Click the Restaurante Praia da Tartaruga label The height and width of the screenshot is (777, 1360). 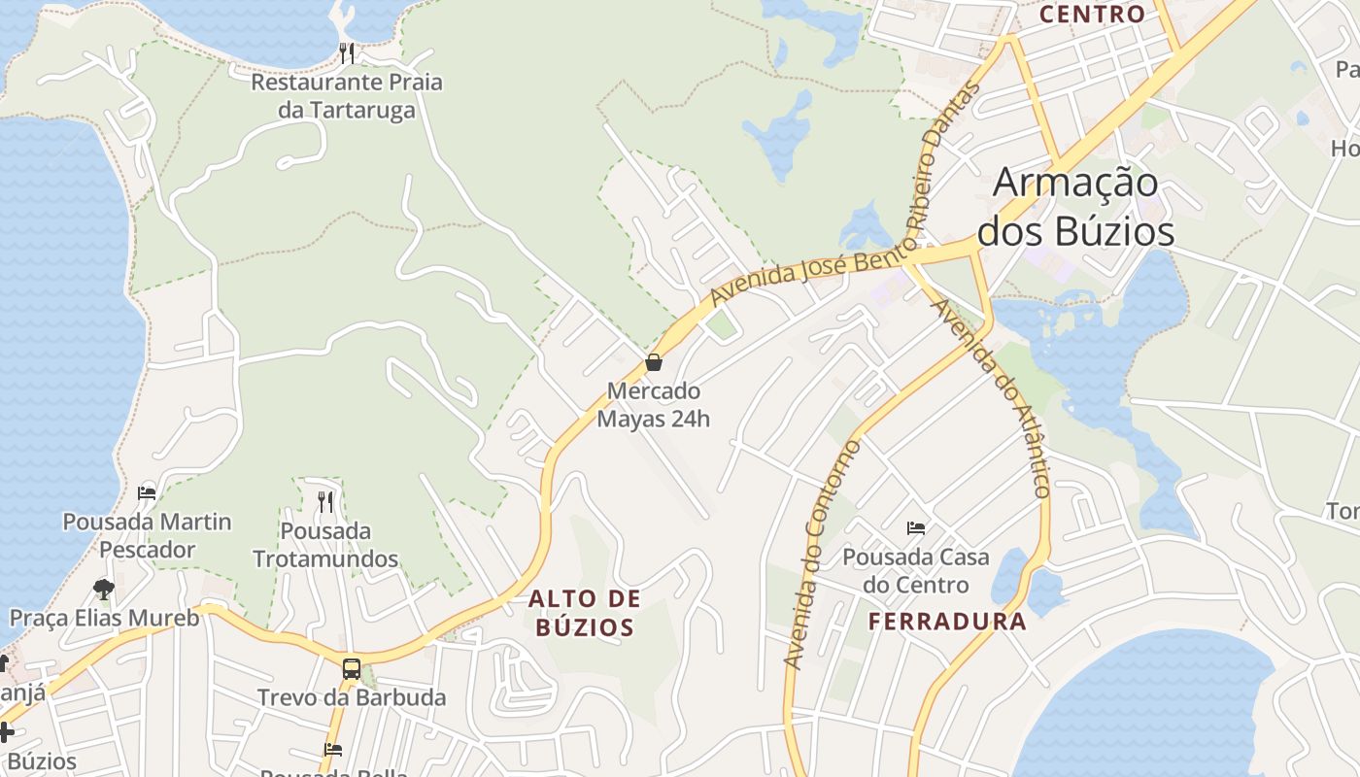[x=347, y=95]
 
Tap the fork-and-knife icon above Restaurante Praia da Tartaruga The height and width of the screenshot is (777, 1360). [x=347, y=51]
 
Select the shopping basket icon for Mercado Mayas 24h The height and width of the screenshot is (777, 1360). [x=654, y=362]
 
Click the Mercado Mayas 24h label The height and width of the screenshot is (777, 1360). [x=653, y=405]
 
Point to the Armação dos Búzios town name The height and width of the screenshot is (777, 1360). [x=1075, y=207]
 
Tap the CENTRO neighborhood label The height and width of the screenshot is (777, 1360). [x=1092, y=15]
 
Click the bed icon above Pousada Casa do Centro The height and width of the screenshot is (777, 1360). [x=915, y=528]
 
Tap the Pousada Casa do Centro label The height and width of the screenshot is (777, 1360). [x=915, y=571]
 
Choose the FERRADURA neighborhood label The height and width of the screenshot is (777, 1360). [x=947, y=622]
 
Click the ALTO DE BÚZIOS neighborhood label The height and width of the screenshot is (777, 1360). [x=584, y=613]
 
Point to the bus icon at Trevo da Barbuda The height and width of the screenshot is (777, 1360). [x=351, y=668]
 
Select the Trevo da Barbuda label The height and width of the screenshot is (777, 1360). [x=352, y=697]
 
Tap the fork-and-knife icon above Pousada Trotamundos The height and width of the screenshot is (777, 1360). [x=325, y=501]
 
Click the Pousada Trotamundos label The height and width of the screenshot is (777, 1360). [x=325, y=545]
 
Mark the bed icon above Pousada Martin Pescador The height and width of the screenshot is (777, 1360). [x=147, y=492]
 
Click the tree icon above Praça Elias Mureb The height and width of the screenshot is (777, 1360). [x=103, y=589]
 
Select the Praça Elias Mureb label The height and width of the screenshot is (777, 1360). [x=104, y=618]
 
